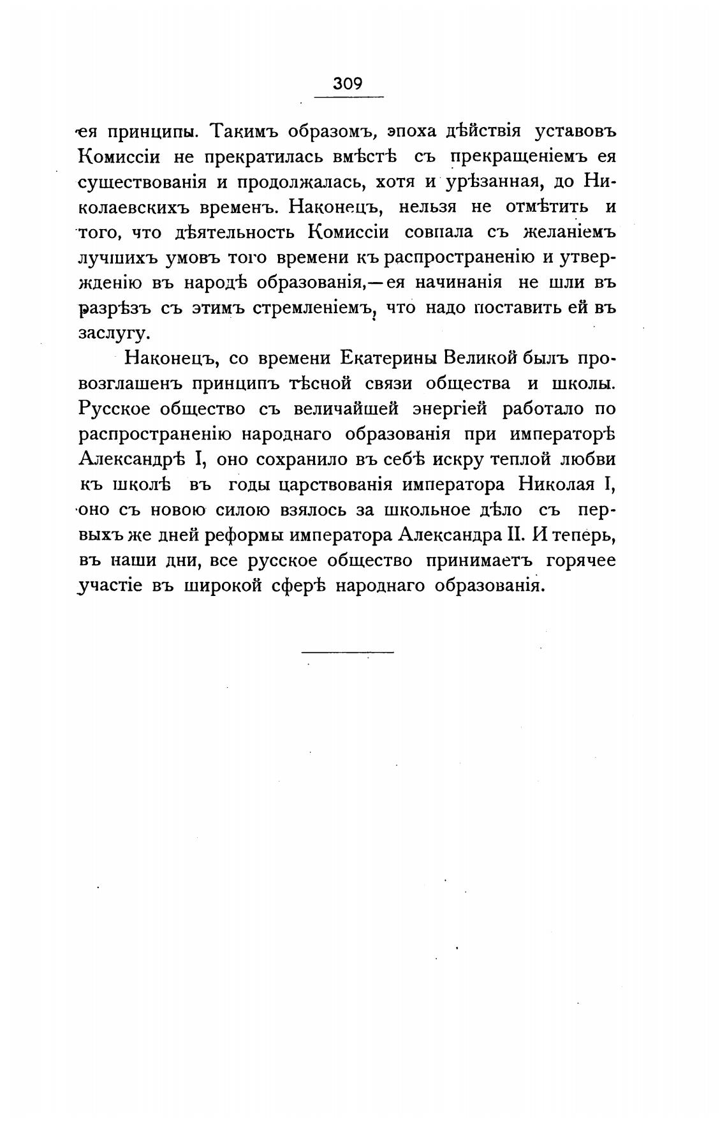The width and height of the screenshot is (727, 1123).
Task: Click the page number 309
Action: point(348,84)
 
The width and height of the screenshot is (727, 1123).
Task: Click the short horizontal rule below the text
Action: point(348,651)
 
